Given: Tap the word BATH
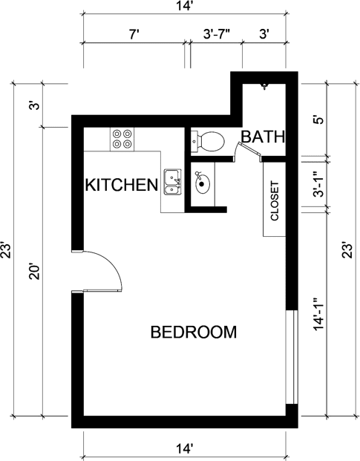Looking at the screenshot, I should (x=263, y=137).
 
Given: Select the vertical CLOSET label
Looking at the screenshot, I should (x=275, y=200).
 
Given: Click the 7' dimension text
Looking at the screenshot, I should (x=134, y=33).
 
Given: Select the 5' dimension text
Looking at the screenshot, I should (x=318, y=120).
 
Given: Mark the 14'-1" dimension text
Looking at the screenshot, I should (x=318, y=315).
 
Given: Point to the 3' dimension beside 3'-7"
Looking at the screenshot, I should (x=264, y=33).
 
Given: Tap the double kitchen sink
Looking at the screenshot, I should (x=172, y=181).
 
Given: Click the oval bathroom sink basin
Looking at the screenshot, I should (x=202, y=183).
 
